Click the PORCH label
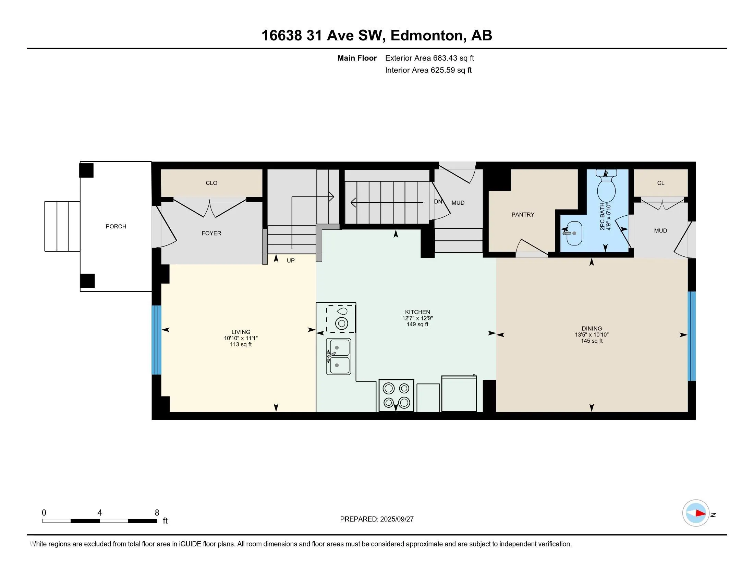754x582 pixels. [116, 227]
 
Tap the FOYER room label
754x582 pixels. [211, 233]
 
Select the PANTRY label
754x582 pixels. [523, 215]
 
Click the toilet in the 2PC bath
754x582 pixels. [606, 186]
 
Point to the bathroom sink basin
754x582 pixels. [574, 233]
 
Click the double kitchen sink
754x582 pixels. [338, 356]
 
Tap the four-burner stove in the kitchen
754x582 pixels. [396, 395]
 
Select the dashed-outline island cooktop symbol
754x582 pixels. [341, 319]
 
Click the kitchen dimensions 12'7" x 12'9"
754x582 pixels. [417, 318]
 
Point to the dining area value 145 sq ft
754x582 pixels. [592, 341]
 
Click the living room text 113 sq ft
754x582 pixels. [241, 344]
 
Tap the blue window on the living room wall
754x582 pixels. [156, 340]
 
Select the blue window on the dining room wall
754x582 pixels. [692, 336]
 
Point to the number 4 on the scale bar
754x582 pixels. [100, 513]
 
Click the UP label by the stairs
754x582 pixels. [291, 261]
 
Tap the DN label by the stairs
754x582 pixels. [438, 202]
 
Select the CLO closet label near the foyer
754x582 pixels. [211, 183]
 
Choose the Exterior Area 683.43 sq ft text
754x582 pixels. [429, 58]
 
